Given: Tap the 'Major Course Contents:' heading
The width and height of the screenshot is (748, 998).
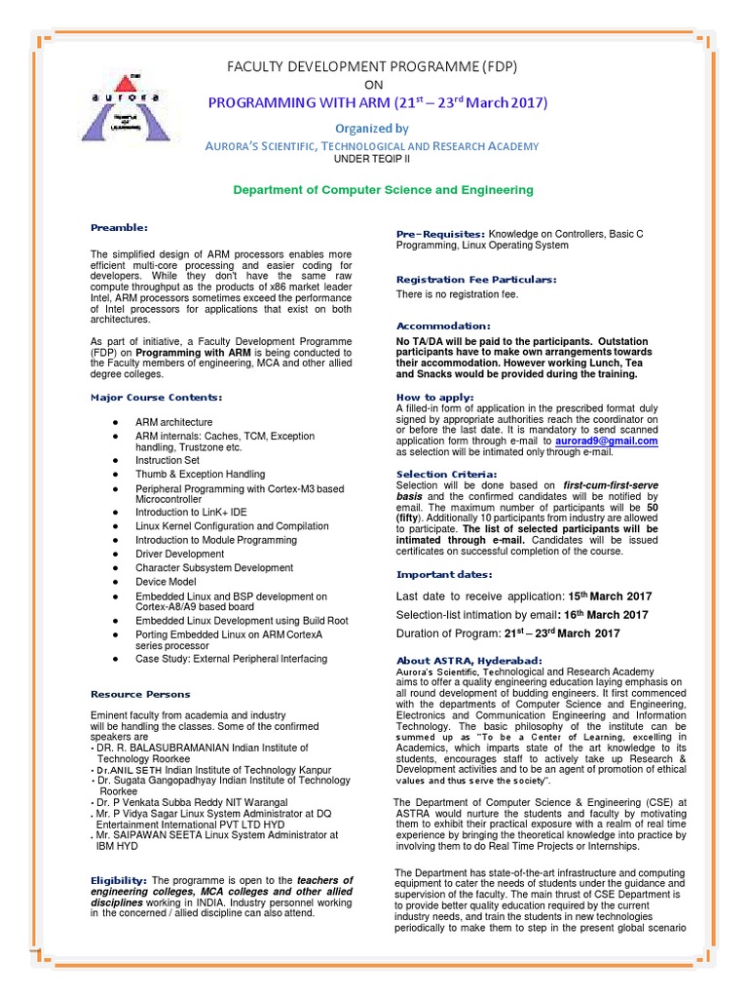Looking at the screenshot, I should click(x=157, y=397).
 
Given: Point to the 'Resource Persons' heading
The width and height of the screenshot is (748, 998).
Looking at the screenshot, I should click(x=140, y=694).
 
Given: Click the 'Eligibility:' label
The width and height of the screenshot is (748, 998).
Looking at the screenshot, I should click(x=118, y=880).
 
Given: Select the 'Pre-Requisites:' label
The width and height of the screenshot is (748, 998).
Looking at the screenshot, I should click(x=440, y=235).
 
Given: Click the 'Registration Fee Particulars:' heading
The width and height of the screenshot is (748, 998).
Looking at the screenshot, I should click(x=476, y=280).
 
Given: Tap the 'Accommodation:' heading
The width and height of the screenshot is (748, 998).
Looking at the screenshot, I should click(x=443, y=325).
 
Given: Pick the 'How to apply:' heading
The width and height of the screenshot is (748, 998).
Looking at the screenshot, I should click(x=435, y=397).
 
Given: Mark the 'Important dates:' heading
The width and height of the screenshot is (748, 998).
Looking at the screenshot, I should click(x=444, y=574).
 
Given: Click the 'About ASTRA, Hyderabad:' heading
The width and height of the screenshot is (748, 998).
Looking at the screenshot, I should click(x=468, y=661).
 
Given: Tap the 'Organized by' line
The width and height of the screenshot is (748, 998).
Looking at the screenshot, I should click(x=372, y=128).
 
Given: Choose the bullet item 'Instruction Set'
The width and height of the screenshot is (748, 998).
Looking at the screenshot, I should click(x=168, y=459).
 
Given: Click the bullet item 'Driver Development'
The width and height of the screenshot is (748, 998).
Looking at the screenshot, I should click(x=179, y=554).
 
